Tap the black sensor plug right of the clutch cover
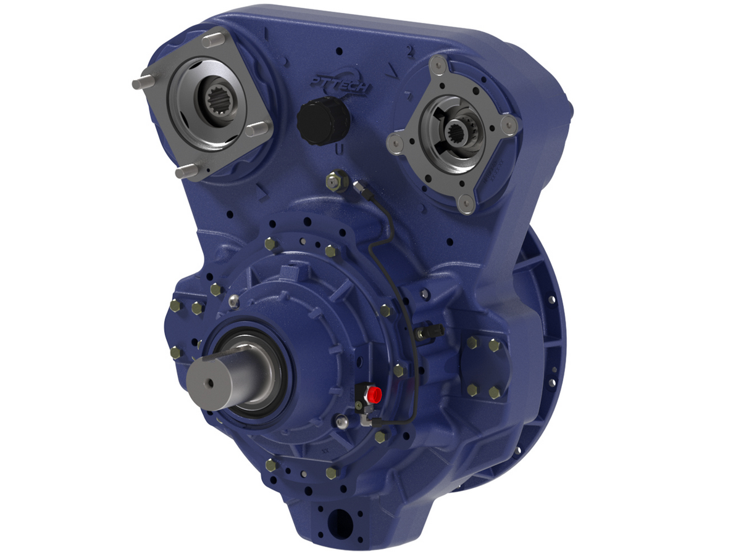pos(430,332)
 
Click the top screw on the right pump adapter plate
pos(438,63)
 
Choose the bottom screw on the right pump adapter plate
pos(467,203)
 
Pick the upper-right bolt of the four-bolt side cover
pos(494,346)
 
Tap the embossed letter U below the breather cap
pos(338,150)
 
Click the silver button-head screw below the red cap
pos(341,422)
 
